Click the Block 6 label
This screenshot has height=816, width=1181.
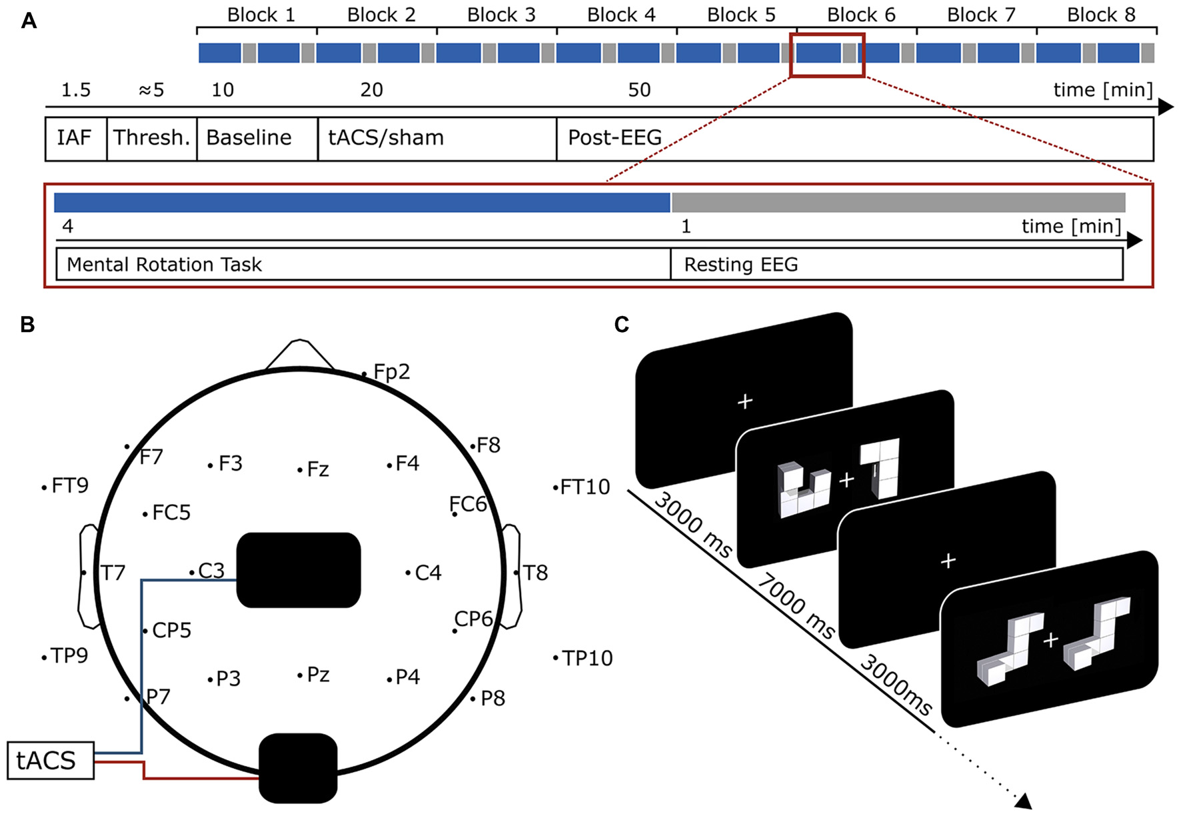(x=860, y=15)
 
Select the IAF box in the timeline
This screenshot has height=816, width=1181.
(x=75, y=138)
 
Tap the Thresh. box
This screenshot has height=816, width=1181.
(x=152, y=138)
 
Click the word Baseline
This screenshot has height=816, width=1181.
(x=249, y=138)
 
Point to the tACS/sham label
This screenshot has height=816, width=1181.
(x=385, y=138)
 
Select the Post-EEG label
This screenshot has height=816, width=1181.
(x=614, y=138)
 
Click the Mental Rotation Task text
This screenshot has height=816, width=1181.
(x=164, y=265)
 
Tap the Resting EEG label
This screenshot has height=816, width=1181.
(x=740, y=265)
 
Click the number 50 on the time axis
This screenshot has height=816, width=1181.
(x=639, y=90)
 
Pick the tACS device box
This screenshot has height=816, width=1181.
(x=50, y=760)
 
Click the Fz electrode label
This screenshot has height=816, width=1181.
(x=317, y=469)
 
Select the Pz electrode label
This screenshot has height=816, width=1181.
(x=317, y=675)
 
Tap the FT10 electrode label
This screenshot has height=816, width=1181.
(x=584, y=487)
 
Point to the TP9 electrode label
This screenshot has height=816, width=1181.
(x=69, y=656)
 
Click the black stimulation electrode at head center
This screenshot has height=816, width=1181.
(x=299, y=570)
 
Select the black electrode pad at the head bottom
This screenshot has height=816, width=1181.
(x=298, y=768)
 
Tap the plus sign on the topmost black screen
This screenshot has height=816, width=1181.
(x=745, y=401)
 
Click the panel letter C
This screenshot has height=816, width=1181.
(x=621, y=325)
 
